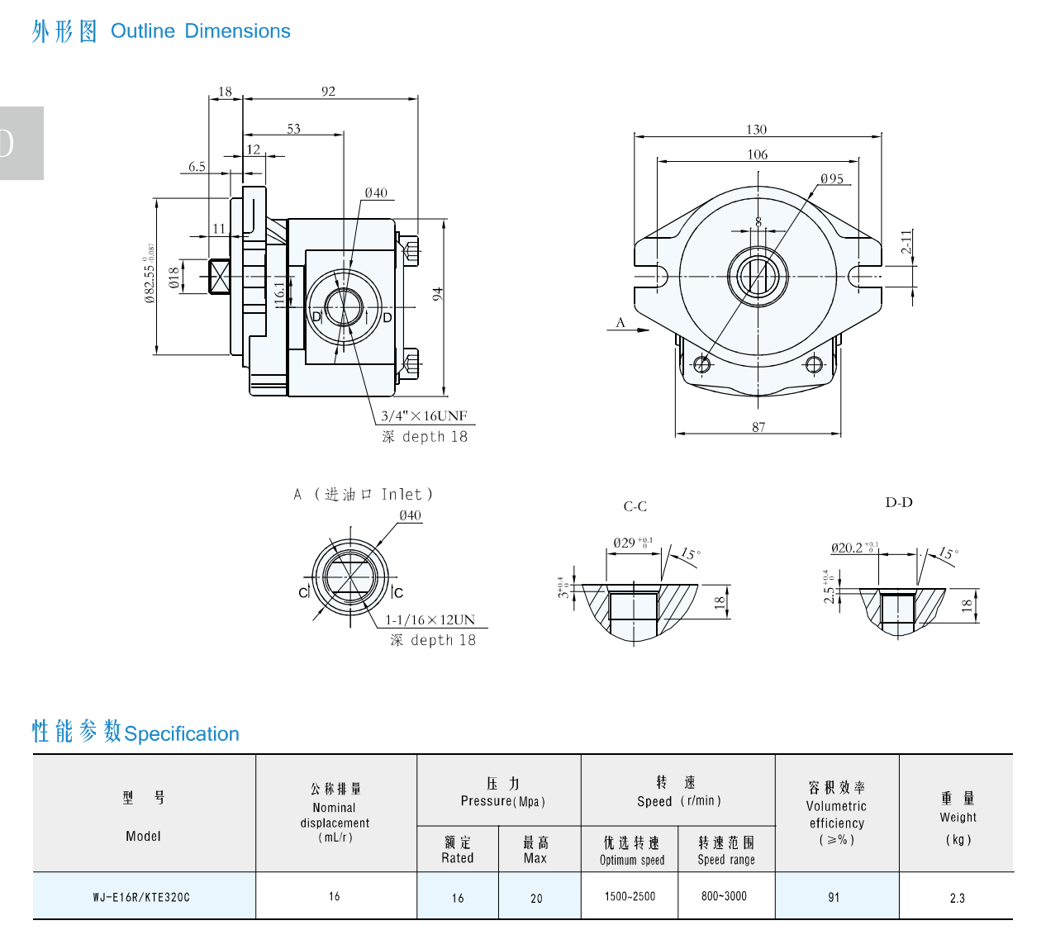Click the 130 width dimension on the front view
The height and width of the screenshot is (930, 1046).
[x=756, y=130]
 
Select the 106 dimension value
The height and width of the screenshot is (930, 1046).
[x=757, y=154]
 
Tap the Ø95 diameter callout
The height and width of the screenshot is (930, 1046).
[x=831, y=178]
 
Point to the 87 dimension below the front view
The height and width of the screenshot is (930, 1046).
[x=758, y=427]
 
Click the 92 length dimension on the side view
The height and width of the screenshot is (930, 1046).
[x=329, y=92]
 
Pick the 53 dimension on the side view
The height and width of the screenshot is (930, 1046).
[x=293, y=129]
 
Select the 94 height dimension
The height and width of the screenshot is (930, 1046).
[x=437, y=294]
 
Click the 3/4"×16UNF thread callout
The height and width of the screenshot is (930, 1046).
[x=424, y=415]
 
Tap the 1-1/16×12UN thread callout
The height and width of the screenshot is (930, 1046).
[x=430, y=619]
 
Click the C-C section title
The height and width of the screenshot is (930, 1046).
[x=635, y=506]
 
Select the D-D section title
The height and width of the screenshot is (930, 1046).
[x=899, y=502]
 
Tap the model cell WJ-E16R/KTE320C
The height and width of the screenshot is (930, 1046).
[x=141, y=897]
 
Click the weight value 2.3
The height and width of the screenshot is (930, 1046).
[x=957, y=898]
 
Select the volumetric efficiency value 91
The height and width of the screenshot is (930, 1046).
[x=834, y=897]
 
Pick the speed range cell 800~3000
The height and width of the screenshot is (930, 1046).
[x=724, y=896]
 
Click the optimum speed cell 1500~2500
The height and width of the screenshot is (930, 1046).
[x=630, y=896]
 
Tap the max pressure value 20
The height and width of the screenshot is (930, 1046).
[x=536, y=898]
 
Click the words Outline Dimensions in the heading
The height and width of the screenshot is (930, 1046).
[x=201, y=31]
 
